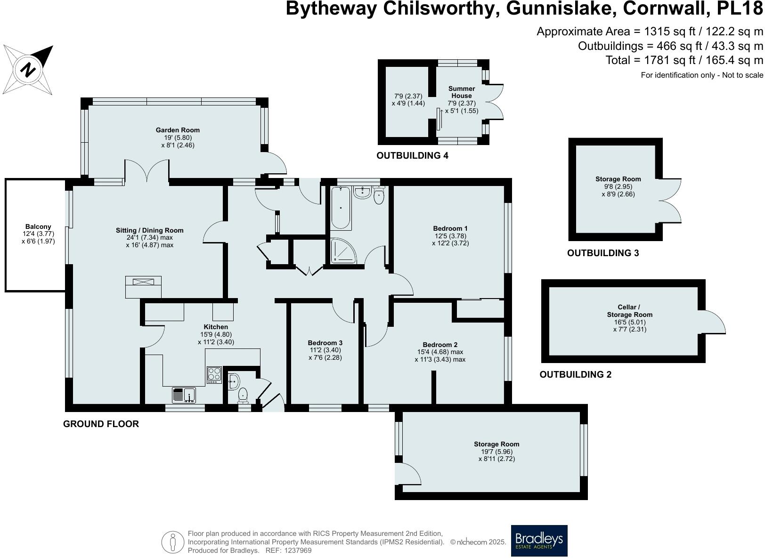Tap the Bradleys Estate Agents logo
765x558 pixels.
coord(539,541)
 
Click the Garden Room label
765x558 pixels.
coord(178,130)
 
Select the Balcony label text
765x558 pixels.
coord(38,226)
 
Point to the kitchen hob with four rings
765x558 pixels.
coord(214,375)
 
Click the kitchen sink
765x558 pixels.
coord(184,395)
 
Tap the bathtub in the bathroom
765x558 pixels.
coord(341,208)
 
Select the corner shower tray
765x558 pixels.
coord(342,251)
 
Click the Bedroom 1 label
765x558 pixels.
coord(450,228)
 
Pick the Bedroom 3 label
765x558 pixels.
coord(325,343)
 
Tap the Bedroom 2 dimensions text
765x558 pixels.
coord(440,356)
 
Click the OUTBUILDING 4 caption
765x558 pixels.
coord(412,156)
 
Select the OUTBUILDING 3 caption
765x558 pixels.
coord(602,253)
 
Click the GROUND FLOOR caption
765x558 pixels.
coord(101,424)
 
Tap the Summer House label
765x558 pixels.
coord(461,92)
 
